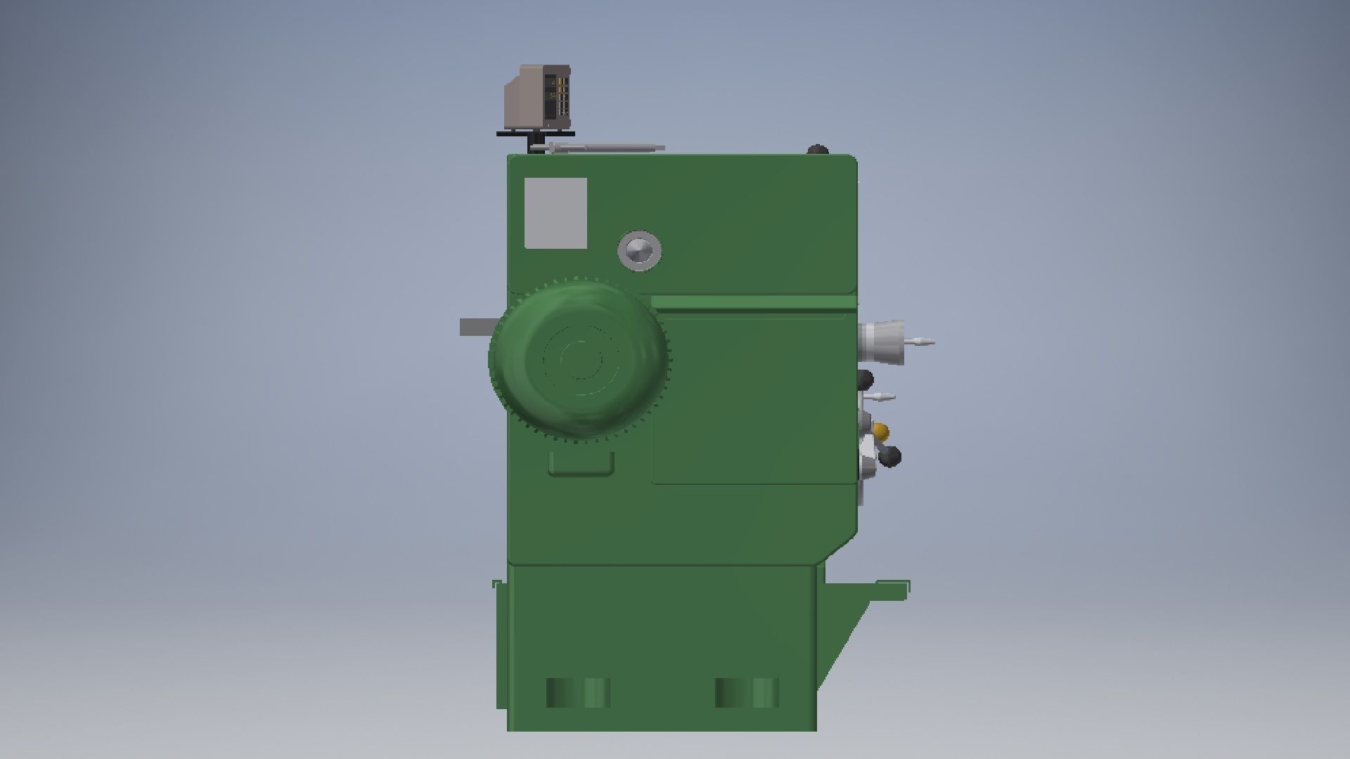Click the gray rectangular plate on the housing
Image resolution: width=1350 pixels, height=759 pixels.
pyautogui.click(x=555, y=213)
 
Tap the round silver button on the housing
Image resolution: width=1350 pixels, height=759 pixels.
pyautogui.click(x=640, y=250)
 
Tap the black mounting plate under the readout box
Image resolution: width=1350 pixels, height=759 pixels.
pyautogui.click(x=536, y=134)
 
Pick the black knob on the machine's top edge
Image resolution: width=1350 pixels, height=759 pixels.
pyautogui.click(x=818, y=150)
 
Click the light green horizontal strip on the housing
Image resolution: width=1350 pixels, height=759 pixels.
pyautogui.click(x=752, y=302)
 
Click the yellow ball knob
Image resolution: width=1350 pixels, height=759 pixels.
pyautogui.click(x=880, y=431)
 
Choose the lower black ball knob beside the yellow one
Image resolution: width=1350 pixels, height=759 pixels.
pyautogui.click(x=891, y=458)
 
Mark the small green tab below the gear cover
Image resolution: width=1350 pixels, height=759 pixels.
pyautogui.click(x=581, y=464)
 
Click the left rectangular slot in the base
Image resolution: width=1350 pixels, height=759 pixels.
pyautogui.click(x=578, y=693)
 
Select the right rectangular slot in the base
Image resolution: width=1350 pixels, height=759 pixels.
pyautogui.click(x=747, y=693)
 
